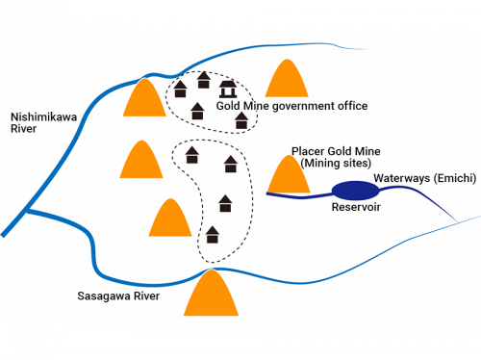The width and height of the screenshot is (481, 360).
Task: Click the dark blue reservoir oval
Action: (x=350, y=190)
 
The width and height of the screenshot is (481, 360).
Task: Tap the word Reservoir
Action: (x=358, y=207)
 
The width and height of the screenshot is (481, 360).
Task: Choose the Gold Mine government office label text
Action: (x=291, y=106)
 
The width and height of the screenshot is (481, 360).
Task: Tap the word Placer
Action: (x=308, y=151)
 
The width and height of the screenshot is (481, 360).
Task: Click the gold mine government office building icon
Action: (x=228, y=89)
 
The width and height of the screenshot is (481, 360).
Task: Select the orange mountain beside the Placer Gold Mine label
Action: (x=286, y=175)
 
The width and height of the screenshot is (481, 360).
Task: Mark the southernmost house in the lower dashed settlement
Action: (x=213, y=234)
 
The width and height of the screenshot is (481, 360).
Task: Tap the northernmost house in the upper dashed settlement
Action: (x=203, y=78)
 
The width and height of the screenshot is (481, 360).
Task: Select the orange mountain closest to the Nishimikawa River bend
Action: (x=146, y=98)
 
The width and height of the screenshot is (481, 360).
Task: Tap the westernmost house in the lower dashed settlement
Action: (x=192, y=154)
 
